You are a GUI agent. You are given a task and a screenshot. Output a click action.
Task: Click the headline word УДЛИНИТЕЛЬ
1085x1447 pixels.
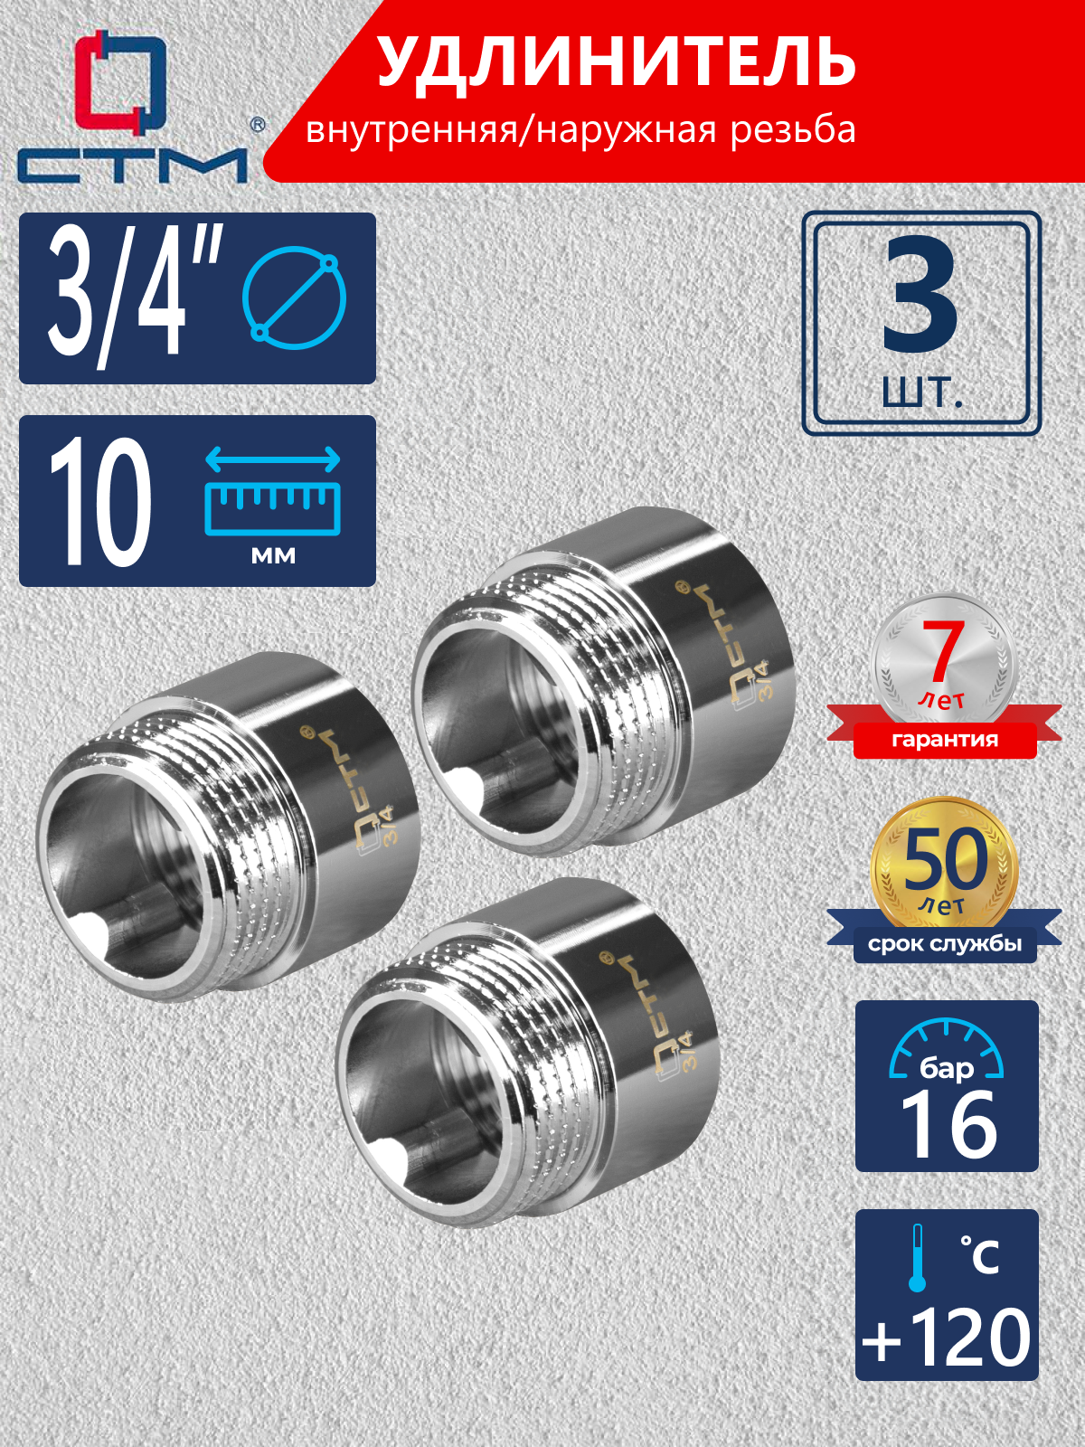pos(617,63)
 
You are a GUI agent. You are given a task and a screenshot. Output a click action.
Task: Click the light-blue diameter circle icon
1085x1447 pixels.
pos(294,298)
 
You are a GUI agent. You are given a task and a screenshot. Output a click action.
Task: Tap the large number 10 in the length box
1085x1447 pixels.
pos(100,503)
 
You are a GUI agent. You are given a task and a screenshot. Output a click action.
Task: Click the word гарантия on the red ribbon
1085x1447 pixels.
pos(945,740)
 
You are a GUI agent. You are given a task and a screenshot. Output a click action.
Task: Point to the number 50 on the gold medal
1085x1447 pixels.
pos(945,859)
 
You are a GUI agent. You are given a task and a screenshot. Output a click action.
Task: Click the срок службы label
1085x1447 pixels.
pos(945,945)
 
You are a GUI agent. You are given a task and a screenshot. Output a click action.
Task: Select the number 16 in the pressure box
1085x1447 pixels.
pos(948,1125)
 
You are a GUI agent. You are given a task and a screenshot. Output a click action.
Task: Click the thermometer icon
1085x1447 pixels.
pos(918,1257)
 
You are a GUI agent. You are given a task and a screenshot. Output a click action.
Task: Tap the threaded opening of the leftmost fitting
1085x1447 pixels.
pos(127,868)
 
